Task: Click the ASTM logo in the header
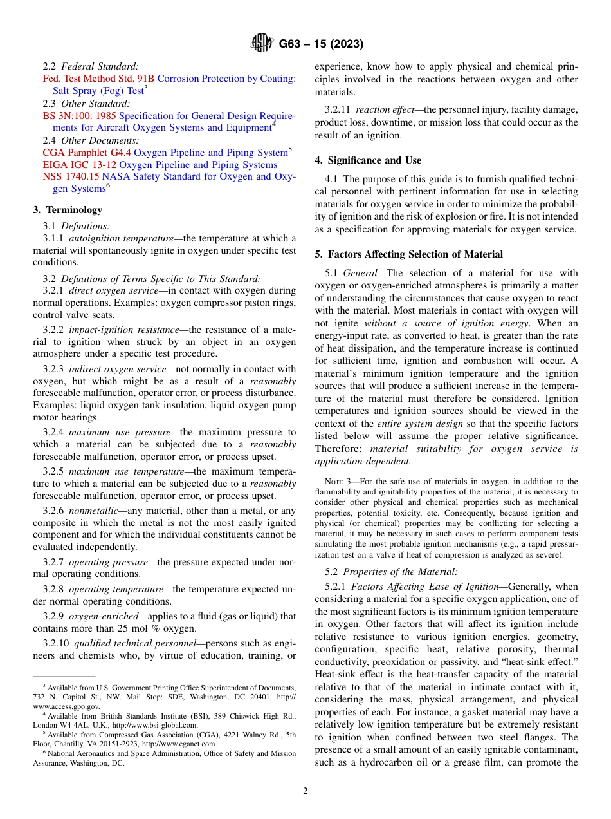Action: click(x=261, y=44)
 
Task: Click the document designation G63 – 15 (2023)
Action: click(x=321, y=44)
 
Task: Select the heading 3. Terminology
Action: click(x=68, y=210)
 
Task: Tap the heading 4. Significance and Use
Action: click(x=368, y=160)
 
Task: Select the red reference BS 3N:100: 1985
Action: click(x=80, y=116)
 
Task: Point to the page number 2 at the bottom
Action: click(x=305, y=791)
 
